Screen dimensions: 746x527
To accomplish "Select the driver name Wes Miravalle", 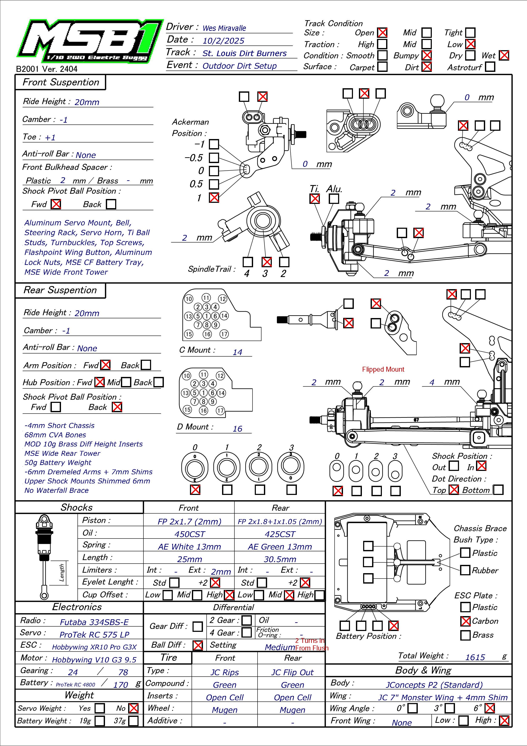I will coord(224,28).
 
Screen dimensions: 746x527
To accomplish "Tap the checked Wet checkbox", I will coord(504,55).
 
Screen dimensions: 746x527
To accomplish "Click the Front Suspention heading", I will coord(61,82).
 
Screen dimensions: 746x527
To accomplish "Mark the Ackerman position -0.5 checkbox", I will coord(214,158).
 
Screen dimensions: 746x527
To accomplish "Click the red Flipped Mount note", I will coord(383,369).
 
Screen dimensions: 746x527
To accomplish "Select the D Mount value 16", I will coord(237,429).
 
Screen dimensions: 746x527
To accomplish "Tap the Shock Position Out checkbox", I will coord(454,466).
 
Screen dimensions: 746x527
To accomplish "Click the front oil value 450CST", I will coord(190,534).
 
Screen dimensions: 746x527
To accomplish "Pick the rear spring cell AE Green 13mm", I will coord(280,547).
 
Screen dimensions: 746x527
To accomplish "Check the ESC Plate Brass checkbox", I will coord(465,635).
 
